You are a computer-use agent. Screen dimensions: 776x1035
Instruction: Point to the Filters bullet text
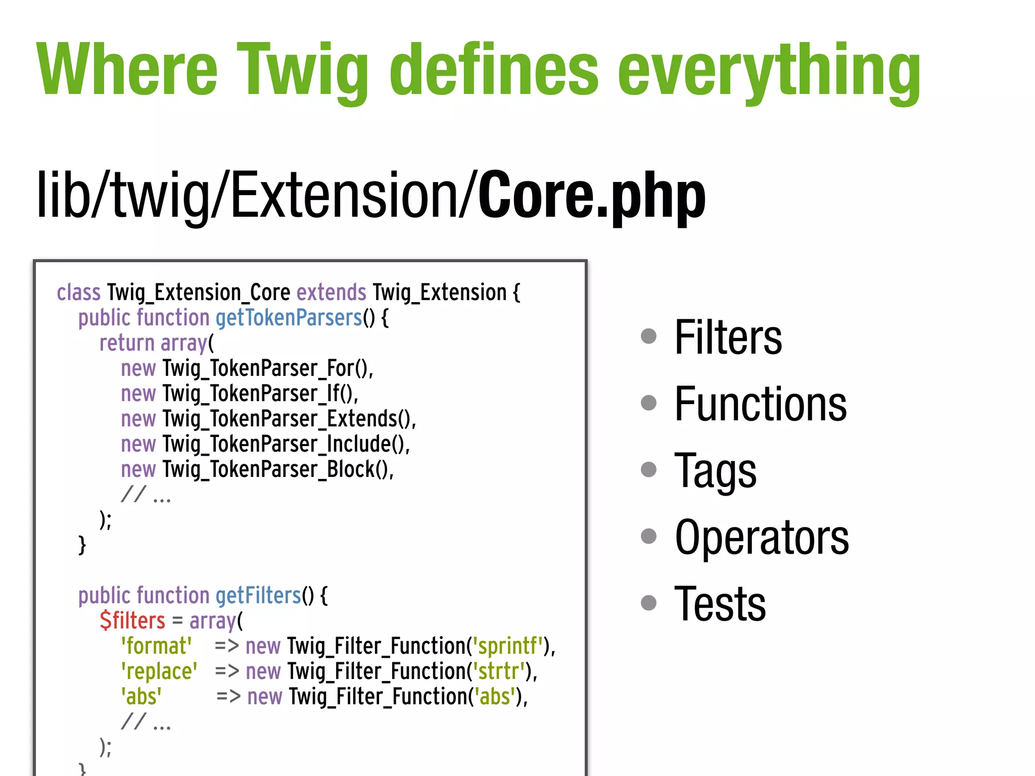click(x=728, y=337)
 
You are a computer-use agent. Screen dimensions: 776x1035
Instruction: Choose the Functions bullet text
click(x=760, y=404)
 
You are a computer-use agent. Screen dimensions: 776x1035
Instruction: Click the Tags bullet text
click(x=715, y=470)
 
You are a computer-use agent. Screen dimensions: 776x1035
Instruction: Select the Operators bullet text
click(x=762, y=537)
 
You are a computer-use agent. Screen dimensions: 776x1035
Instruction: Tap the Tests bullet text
click(x=720, y=603)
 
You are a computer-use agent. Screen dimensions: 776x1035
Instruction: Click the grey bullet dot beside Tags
click(x=648, y=469)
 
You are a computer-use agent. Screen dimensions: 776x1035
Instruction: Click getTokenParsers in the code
click(x=289, y=318)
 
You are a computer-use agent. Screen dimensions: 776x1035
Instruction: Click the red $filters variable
click(x=132, y=620)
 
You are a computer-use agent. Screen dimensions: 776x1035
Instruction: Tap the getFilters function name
click(x=258, y=596)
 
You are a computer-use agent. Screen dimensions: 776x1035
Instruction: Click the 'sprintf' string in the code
click(x=508, y=646)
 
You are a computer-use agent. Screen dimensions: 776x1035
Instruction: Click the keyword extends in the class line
click(x=331, y=293)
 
